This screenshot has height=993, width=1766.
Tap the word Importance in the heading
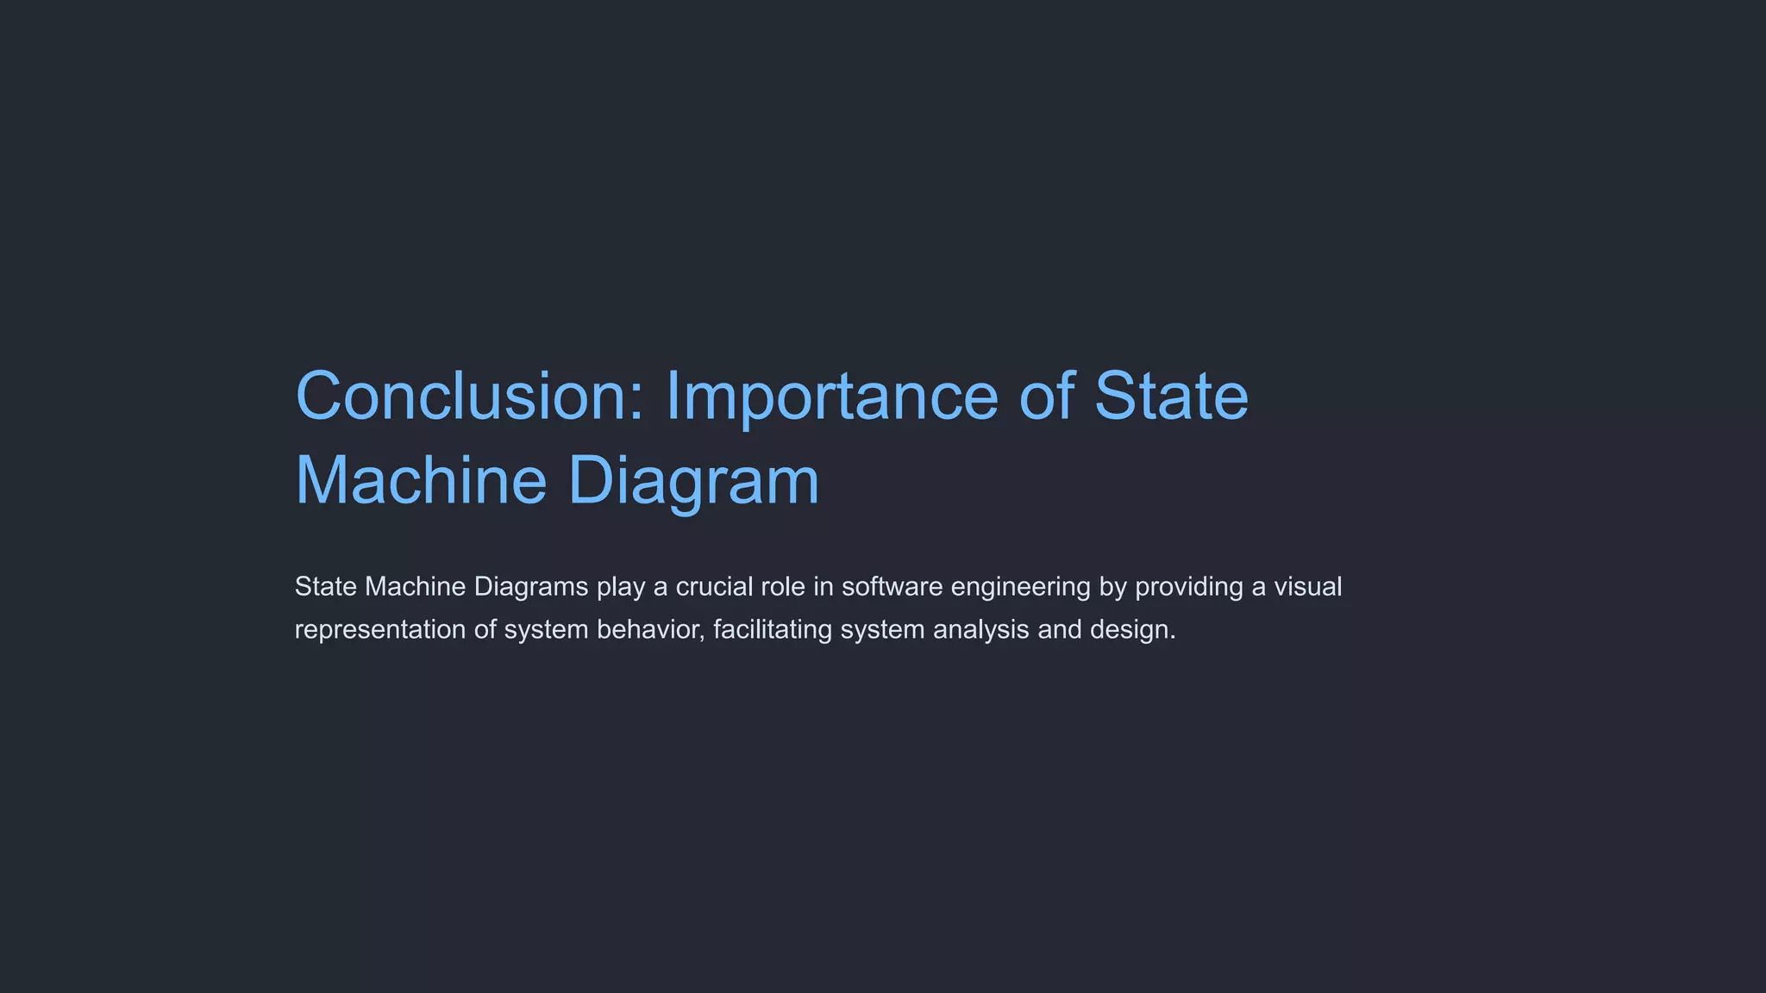click(831, 397)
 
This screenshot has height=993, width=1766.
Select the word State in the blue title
click(1171, 397)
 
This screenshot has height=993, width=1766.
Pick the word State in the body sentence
click(326, 587)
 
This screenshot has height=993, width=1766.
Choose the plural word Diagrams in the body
click(531, 588)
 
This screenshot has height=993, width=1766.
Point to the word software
click(892, 587)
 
